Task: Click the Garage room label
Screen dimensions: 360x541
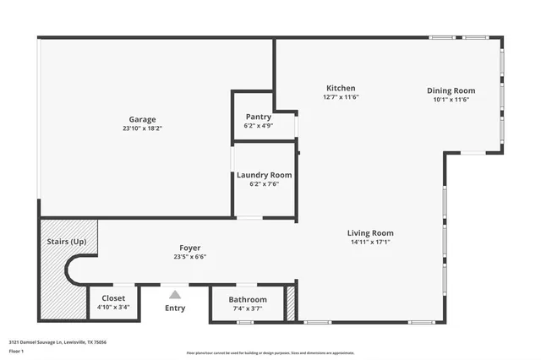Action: [x=142, y=119]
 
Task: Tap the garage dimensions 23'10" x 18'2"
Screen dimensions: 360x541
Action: [x=142, y=128]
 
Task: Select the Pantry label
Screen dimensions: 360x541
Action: [x=258, y=117]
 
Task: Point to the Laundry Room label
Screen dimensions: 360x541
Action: [x=264, y=175]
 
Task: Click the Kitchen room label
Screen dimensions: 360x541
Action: [x=341, y=88]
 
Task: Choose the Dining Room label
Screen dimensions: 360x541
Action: [x=451, y=90]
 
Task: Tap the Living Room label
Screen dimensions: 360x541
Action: [x=370, y=233]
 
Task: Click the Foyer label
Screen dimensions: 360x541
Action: [x=189, y=248]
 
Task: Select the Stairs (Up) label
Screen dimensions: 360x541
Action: [x=67, y=242]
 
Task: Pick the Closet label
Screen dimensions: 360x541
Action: [x=113, y=298]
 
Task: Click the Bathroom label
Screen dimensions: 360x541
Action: [x=248, y=299]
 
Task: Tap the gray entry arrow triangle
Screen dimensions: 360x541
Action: [x=175, y=294]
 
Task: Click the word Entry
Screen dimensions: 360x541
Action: [x=175, y=308]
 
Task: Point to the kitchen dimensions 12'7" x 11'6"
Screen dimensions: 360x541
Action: [x=341, y=97]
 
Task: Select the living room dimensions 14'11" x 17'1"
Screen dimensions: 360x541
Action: [x=370, y=243]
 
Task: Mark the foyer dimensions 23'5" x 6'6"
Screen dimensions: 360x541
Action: [x=189, y=257]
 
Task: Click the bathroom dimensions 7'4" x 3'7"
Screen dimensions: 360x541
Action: [x=248, y=308]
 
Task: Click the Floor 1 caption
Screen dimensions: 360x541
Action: [x=16, y=351]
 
